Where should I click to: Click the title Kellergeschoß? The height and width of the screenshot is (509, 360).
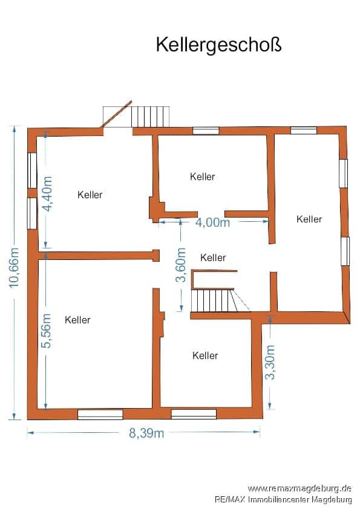tap(218, 45)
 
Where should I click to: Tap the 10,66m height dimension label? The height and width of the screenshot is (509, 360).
tap(14, 268)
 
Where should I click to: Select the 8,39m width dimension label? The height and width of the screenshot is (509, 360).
tap(146, 433)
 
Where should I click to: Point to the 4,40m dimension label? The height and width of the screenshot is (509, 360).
tap(47, 194)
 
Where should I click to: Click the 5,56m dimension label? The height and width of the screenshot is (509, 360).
tap(47, 331)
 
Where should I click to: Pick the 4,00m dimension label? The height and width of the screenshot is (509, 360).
tap(213, 222)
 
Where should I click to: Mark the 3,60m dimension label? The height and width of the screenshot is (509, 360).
tap(181, 265)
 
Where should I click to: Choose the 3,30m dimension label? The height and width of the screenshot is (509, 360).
tap(270, 362)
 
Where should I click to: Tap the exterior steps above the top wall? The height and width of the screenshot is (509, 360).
tap(151, 117)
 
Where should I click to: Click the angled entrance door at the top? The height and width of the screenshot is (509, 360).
tap(117, 114)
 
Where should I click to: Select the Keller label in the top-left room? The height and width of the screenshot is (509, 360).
tap(90, 195)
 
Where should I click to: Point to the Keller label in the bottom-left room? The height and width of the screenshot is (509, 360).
tap(77, 320)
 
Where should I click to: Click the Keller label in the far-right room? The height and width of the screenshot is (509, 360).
tap(309, 219)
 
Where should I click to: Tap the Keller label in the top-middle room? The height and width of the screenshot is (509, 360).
tap(203, 177)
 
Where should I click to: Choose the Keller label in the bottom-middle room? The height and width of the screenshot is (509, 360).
tap(205, 355)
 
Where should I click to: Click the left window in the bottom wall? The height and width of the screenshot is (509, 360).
tap(100, 415)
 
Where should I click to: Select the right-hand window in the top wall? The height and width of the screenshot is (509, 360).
tap(304, 131)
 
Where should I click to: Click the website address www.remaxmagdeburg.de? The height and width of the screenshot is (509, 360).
tap(299, 488)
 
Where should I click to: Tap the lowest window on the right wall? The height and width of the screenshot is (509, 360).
tap(345, 251)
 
